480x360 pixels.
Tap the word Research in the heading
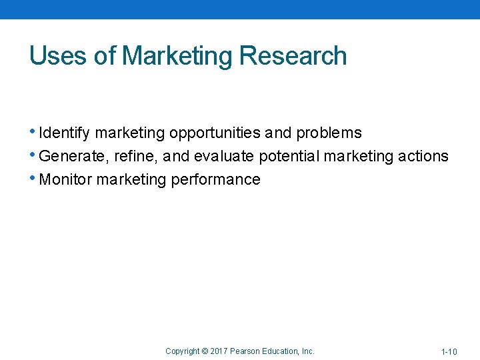click(x=293, y=56)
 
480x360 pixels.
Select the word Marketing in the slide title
click(x=177, y=56)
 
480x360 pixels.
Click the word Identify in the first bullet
click(x=65, y=133)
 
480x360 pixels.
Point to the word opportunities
click(x=215, y=133)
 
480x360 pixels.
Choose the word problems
click(x=329, y=133)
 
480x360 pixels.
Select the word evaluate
click(x=224, y=157)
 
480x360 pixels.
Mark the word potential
click(x=289, y=157)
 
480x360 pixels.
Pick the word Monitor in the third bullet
click(x=66, y=180)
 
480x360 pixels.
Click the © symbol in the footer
click(x=205, y=351)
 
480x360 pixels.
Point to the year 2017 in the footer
click(x=219, y=351)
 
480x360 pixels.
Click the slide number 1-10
click(x=449, y=351)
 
